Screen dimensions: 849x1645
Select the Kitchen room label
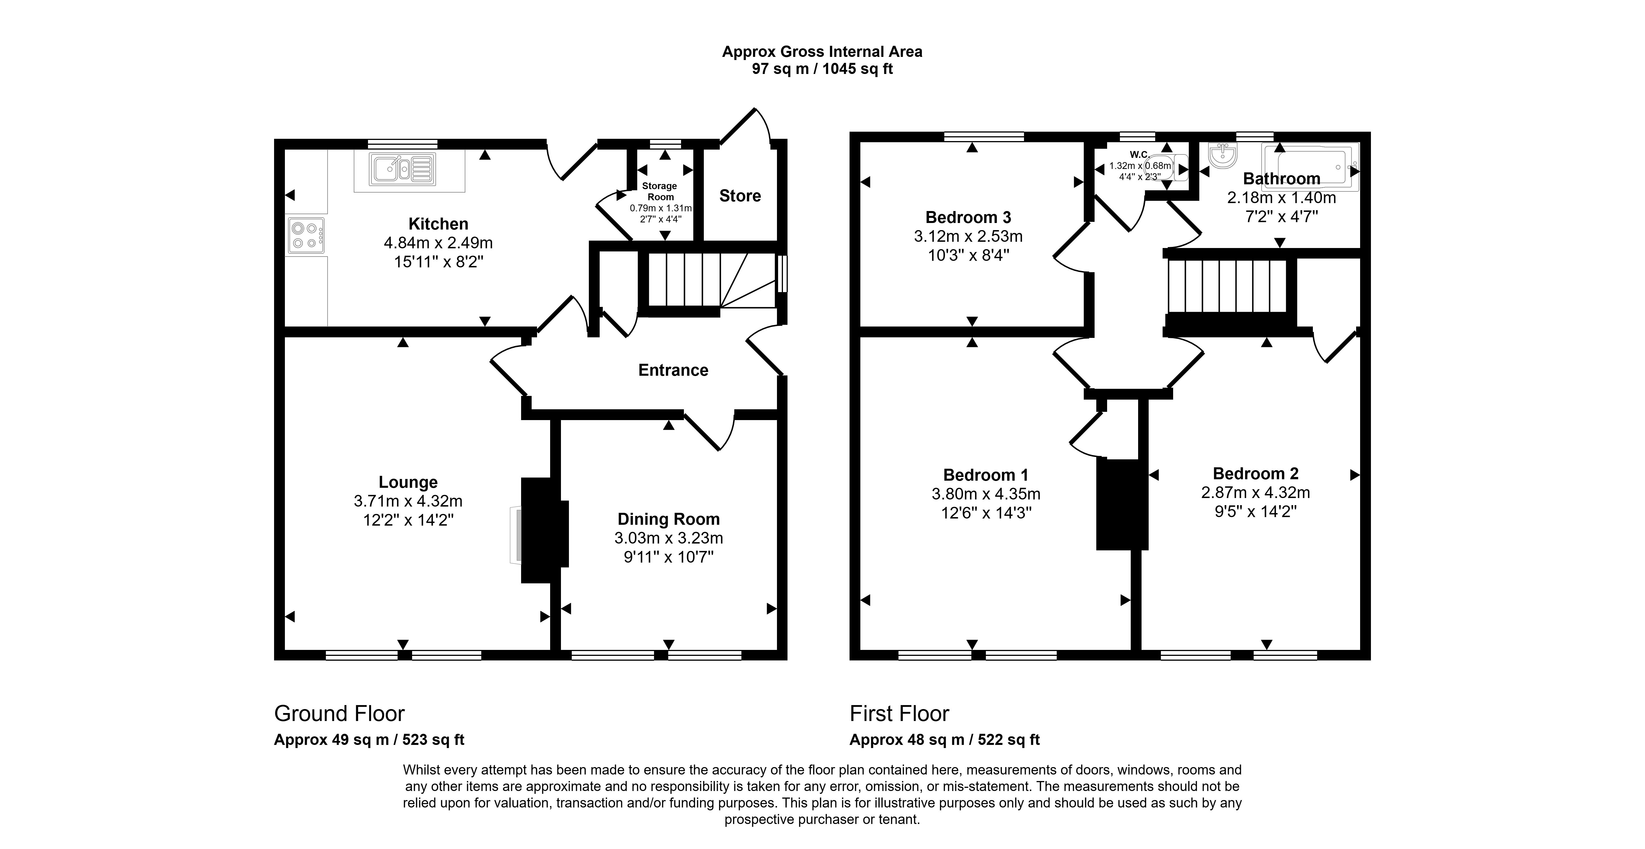(x=438, y=224)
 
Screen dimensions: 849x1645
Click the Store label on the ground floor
(x=740, y=196)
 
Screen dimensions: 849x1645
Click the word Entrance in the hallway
(x=673, y=370)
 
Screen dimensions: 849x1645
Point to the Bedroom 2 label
(x=1255, y=474)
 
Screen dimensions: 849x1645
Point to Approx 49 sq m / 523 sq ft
(x=369, y=740)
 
